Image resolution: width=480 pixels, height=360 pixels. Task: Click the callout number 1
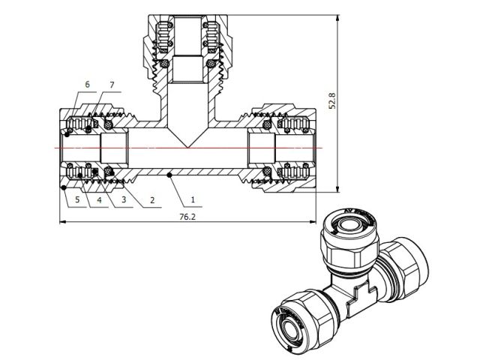tap(193, 200)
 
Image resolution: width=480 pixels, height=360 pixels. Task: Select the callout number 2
tap(152, 200)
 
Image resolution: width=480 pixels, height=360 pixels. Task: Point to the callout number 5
tap(77, 200)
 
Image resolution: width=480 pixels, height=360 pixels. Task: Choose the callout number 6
tap(88, 85)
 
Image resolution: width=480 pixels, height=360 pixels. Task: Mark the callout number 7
tap(112, 85)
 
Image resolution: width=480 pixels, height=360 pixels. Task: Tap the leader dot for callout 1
tap(171, 175)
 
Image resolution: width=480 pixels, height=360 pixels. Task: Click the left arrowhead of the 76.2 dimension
tap(62, 222)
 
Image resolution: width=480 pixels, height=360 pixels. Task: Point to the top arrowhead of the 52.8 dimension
tap(340, 16)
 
